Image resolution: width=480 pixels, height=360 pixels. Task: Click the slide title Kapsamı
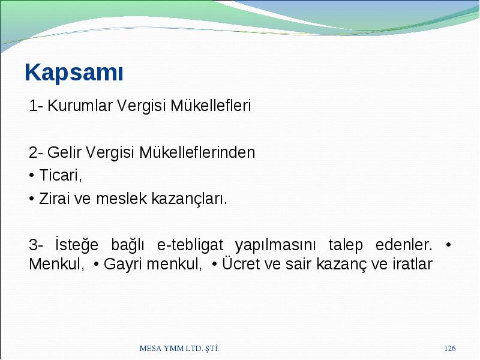click(x=74, y=73)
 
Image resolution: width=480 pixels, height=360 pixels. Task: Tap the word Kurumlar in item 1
click(x=80, y=106)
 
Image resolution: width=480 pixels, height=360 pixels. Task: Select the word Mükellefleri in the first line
click(x=211, y=106)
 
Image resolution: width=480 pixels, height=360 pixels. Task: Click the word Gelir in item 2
click(x=64, y=152)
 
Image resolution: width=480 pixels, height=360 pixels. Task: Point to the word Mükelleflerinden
click(x=197, y=152)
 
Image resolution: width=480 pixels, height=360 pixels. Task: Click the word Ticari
click(x=61, y=175)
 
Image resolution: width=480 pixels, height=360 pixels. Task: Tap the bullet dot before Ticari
click(x=31, y=176)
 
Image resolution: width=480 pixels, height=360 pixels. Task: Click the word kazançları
click(x=190, y=199)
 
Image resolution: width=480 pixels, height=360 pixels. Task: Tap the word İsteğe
click(x=77, y=244)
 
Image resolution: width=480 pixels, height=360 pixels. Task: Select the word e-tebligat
click(x=190, y=245)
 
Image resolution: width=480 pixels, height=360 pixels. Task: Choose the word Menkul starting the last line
click(x=56, y=264)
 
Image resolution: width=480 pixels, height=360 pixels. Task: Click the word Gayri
click(x=123, y=265)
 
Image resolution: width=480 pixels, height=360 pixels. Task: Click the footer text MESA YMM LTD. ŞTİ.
click(x=179, y=348)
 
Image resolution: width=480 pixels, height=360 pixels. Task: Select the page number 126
click(x=450, y=348)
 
